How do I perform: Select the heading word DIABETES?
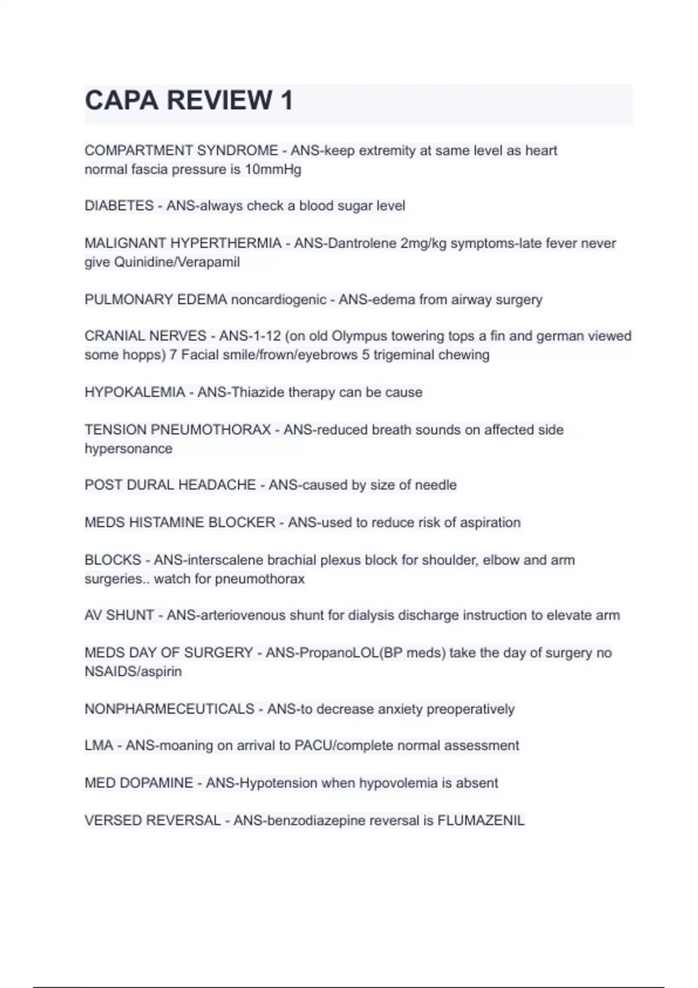tap(119, 206)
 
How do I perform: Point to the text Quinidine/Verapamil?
tap(177, 262)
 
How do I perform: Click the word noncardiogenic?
tap(279, 300)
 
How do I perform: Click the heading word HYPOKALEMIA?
tap(135, 392)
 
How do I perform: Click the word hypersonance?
tap(129, 449)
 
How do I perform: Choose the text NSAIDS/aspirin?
tap(133, 671)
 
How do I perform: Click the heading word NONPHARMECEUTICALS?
tap(169, 709)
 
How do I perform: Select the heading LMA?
tap(99, 746)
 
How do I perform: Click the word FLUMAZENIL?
tap(480, 821)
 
